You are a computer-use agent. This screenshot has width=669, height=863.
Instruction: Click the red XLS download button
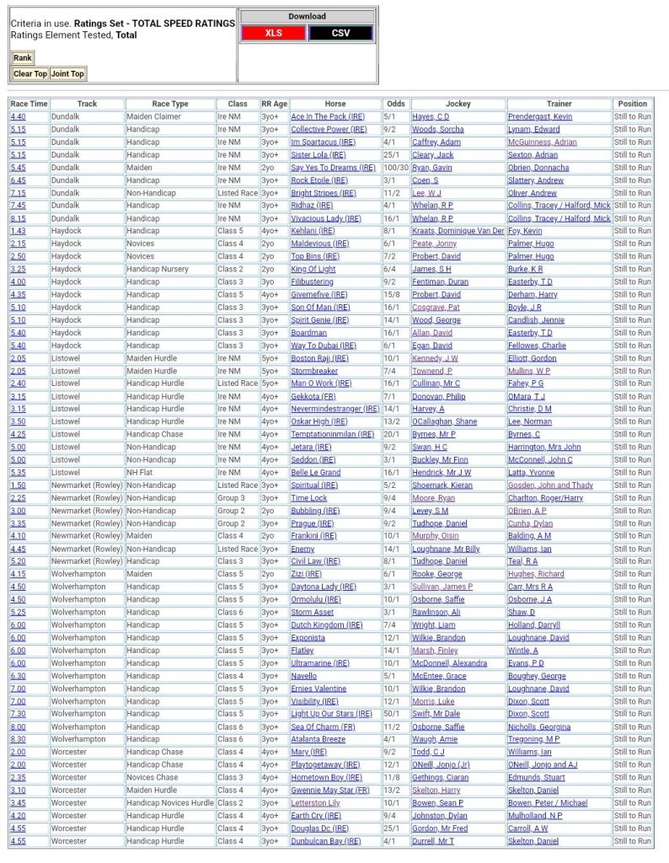pos(273,33)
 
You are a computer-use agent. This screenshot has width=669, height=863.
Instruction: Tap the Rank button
pos(23,58)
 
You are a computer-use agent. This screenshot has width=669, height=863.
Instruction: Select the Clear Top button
pos(30,74)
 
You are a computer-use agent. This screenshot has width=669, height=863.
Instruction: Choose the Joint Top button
pos(67,74)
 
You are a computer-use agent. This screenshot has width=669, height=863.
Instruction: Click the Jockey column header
pos(458,104)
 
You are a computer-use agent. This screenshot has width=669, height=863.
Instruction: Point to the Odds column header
pos(395,104)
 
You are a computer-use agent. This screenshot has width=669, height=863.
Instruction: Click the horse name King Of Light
pos(313,269)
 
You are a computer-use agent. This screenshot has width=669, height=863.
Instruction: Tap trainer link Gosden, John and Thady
pos(550,485)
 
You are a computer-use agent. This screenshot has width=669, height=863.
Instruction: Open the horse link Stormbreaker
pos(314,371)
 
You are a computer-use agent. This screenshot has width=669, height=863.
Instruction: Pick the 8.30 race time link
pos(18,739)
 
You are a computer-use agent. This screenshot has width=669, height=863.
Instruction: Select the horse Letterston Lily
pos(315,803)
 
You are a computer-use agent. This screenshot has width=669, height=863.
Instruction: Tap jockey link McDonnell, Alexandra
pos(449,663)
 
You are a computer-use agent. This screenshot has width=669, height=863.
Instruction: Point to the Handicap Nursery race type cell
pos(158,269)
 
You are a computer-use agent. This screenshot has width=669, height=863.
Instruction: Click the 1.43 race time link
pos(18,231)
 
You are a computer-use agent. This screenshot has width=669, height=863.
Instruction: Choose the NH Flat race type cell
pos(140,473)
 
